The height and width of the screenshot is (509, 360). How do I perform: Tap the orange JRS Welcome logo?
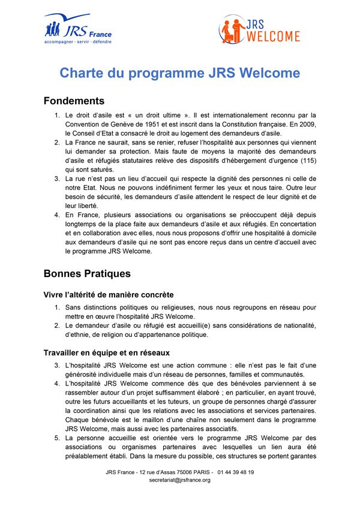259,30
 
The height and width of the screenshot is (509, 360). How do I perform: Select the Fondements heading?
74,101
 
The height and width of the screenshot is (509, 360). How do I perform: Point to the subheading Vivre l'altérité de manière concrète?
109,295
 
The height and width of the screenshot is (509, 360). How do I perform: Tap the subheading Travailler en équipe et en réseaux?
107,352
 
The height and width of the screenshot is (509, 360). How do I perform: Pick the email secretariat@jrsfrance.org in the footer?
179,480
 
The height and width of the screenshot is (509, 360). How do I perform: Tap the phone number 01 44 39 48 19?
235,472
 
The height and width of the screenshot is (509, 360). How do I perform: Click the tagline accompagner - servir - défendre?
78,42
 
